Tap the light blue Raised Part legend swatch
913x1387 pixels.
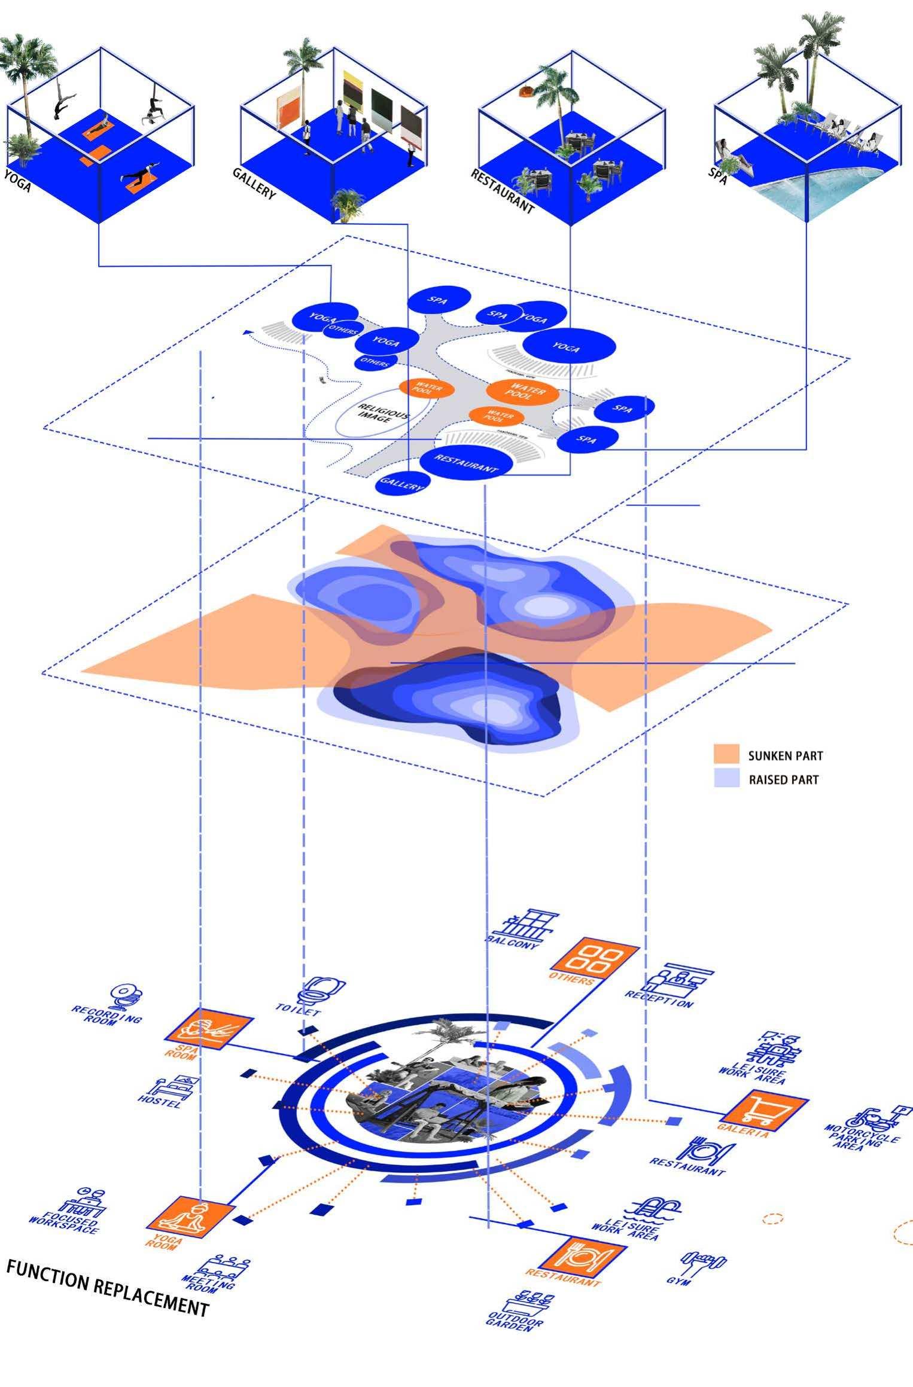pyautogui.click(x=727, y=779)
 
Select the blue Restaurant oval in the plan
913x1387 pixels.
pyautogui.click(x=467, y=463)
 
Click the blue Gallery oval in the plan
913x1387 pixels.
pyautogui.click(x=402, y=483)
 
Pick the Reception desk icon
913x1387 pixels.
pyautogui.click(x=677, y=978)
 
